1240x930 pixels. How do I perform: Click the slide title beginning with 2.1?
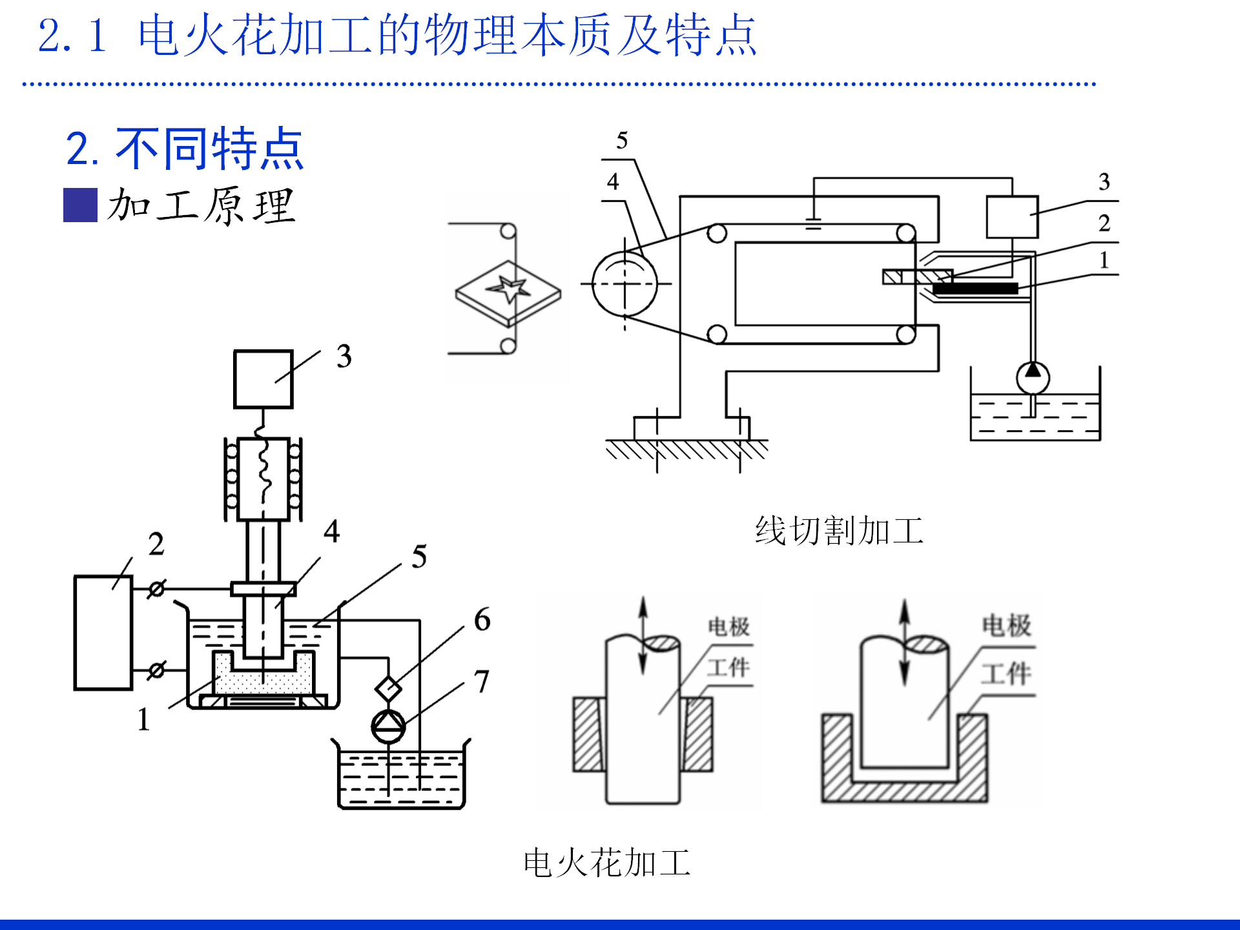click(397, 36)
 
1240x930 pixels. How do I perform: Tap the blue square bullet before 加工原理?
click(80, 205)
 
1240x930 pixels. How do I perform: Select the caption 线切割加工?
click(839, 531)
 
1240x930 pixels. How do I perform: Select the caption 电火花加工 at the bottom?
click(607, 863)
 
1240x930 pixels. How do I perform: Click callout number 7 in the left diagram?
click(482, 681)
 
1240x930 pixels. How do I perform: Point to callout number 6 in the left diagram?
click(482, 619)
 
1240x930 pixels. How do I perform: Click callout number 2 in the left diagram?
click(156, 544)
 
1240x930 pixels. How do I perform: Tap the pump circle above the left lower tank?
click(388, 727)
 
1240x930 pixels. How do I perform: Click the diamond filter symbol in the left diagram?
click(388, 688)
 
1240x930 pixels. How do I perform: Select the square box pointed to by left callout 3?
click(263, 380)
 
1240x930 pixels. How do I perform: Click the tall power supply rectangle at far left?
click(103, 633)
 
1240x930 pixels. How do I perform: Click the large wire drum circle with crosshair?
click(625, 284)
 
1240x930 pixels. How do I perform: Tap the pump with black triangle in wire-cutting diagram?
click(1033, 378)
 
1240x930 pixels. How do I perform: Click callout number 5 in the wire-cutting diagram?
click(622, 141)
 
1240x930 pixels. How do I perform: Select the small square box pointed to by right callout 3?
click(1012, 217)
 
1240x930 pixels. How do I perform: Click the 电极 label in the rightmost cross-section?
click(1006, 625)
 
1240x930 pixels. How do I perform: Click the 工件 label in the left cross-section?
click(728, 667)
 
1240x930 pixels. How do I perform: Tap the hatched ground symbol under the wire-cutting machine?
click(687, 449)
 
